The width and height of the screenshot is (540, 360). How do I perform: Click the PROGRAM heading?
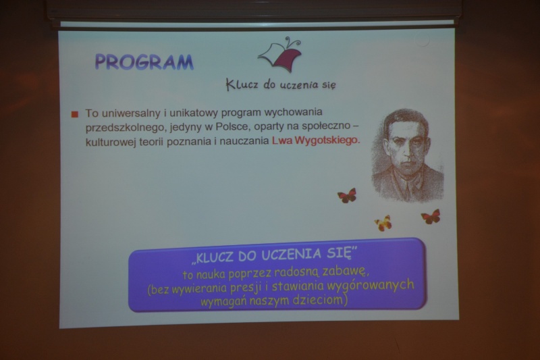[144, 62]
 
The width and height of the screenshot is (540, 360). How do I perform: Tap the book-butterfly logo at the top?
[280, 55]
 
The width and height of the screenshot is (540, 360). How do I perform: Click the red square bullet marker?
[75, 114]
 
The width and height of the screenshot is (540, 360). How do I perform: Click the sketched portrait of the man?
[408, 156]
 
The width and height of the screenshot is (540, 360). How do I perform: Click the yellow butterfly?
[383, 224]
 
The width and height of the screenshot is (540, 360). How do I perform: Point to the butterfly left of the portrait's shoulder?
[347, 195]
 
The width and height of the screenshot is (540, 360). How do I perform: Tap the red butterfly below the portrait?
[431, 217]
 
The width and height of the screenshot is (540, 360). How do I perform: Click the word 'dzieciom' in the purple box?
[318, 300]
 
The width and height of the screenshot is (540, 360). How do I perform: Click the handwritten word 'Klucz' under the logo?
[242, 84]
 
